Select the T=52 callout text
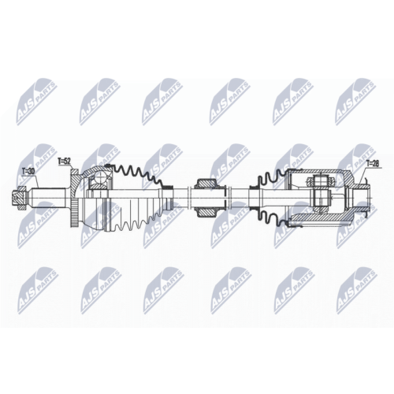[65, 162]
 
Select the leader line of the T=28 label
[366, 175]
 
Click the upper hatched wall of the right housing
[315, 172]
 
